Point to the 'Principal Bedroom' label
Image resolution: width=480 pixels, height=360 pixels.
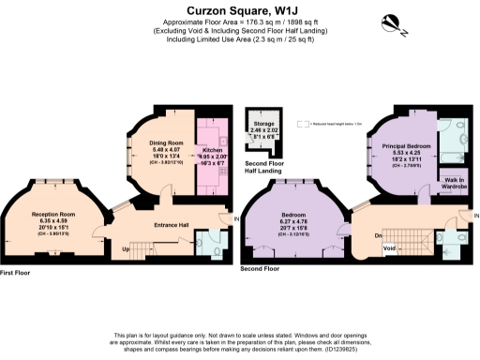pyautogui.click(x=404, y=147)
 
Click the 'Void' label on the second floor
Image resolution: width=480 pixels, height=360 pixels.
pyautogui.click(x=390, y=247)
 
